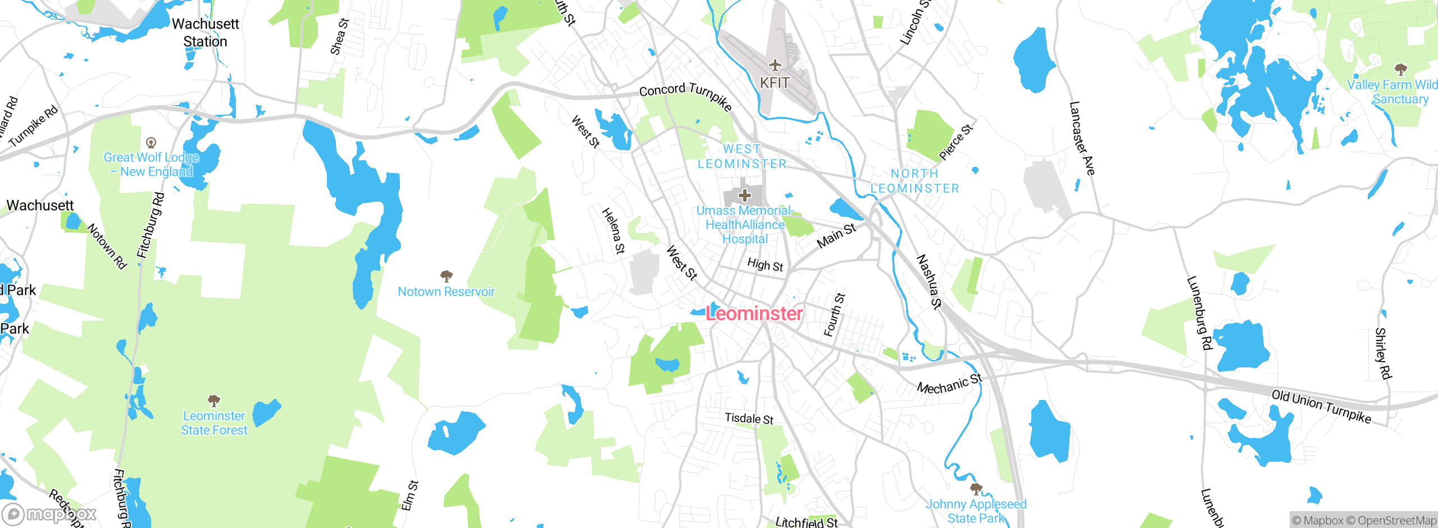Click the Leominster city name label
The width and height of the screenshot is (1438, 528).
pyautogui.click(x=754, y=313)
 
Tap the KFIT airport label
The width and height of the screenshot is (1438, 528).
pyautogui.click(x=775, y=83)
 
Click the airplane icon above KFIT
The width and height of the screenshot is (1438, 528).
pyautogui.click(x=775, y=65)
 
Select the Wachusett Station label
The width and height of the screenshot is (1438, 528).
pyautogui.click(x=205, y=33)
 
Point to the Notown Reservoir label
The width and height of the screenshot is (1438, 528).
pyautogui.click(x=446, y=292)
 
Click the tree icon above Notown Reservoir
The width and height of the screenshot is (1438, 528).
pyautogui.click(x=447, y=276)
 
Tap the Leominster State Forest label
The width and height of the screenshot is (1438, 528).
pyautogui.click(x=214, y=423)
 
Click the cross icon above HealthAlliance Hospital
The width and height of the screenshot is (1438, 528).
pyautogui.click(x=745, y=195)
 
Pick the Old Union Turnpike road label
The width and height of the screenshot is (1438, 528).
pyautogui.click(x=1321, y=406)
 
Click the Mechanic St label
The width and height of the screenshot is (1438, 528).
pyautogui.click(x=949, y=384)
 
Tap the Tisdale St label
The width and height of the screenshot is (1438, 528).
pyautogui.click(x=749, y=418)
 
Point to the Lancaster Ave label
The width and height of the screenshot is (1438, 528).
pyautogui.click(x=1082, y=138)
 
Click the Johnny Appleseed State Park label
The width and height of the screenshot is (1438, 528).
pyautogui.click(x=976, y=511)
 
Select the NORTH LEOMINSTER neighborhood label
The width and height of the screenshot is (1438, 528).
pyautogui.click(x=914, y=181)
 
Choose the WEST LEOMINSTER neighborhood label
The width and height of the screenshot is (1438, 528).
pyautogui.click(x=742, y=156)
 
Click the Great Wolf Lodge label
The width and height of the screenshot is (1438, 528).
pyautogui.click(x=151, y=165)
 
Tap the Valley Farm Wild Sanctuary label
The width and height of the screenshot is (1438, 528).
pyautogui.click(x=1393, y=92)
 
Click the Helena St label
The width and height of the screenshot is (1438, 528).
pyautogui.click(x=613, y=231)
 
